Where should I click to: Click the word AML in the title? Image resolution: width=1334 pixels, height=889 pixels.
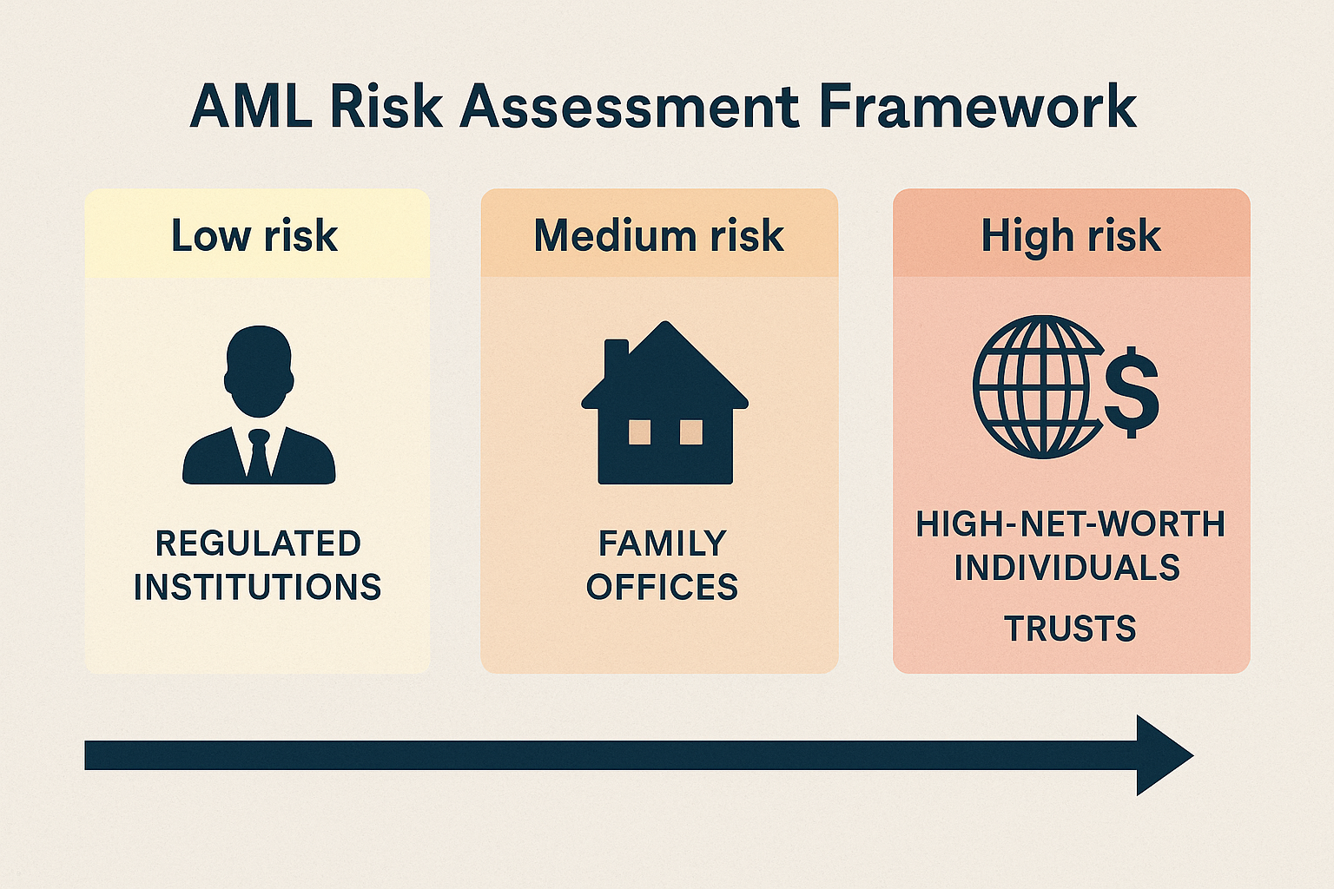pyautogui.click(x=250, y=108)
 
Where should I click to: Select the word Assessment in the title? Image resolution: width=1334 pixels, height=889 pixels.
pyautogui.click(x=629, y=108)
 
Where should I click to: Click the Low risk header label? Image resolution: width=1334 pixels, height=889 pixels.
pyautogui.click(x=254, y=235)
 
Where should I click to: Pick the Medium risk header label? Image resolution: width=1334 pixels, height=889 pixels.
pyautogui.click(x=659, y=235)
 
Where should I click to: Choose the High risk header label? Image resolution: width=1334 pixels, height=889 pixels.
pyautogui.click(x=1071, y=235)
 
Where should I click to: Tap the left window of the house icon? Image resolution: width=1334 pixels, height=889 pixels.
pyautogui.click(x=639, y=431)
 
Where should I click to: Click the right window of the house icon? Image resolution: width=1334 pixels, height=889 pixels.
pyautogui.click(x=691, y=431)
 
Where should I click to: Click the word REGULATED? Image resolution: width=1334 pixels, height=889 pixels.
pyautogui.click(x=258, y=543)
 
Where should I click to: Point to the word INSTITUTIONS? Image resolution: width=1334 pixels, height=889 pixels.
pyautogui.click(x=258, y=588)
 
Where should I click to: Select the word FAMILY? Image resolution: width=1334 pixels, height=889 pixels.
pyautogui.click(x=663, y=543)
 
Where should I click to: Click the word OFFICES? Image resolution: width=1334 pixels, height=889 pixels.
pyautogui.click(x=663, y=588)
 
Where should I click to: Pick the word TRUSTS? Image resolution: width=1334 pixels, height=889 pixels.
pyautogui.click(x=1071, y=629)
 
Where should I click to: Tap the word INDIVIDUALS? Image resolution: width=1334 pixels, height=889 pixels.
pyautogui.click(x=1067, y=568)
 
